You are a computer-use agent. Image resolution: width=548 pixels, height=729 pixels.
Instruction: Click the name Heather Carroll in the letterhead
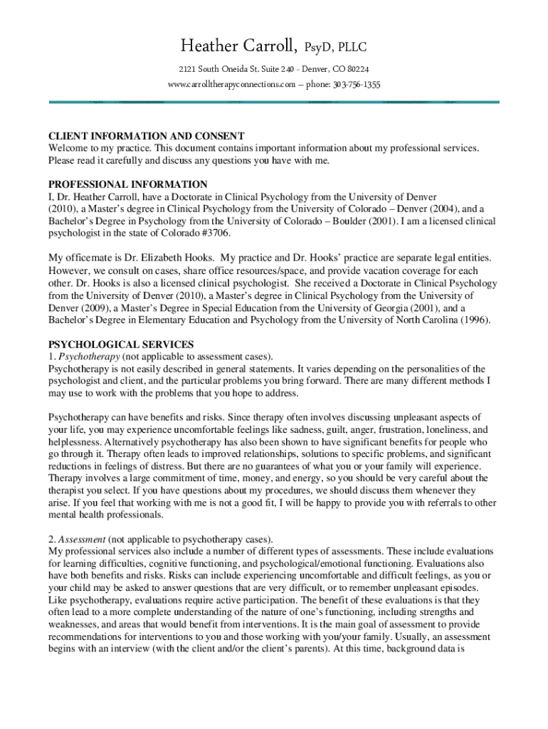tap(238, 48)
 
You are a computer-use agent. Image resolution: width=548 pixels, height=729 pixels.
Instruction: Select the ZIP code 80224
tap(355, 69)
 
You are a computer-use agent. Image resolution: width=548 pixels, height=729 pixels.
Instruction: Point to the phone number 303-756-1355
tap(355, 85)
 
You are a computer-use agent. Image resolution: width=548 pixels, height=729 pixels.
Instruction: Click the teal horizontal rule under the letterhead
tap(274, 102)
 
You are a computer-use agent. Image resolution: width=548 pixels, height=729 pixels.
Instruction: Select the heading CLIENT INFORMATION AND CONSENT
tap(147, 136)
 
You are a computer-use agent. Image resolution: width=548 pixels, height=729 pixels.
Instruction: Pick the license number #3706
tap(217, 234)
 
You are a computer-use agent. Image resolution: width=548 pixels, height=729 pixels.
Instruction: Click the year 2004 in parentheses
tap(446, 209)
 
